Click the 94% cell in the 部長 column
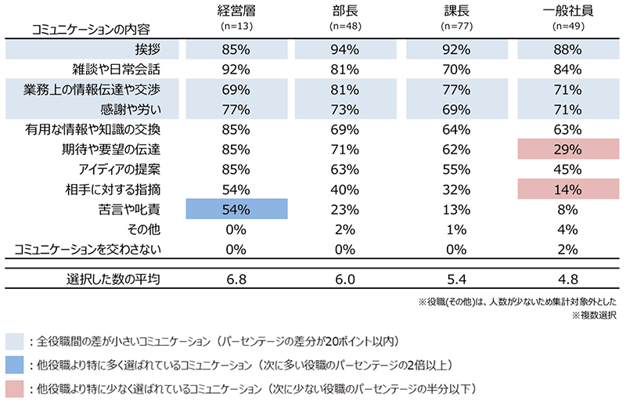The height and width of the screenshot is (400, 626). pos(347,49)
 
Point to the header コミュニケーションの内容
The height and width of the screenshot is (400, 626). pos(81,30)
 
